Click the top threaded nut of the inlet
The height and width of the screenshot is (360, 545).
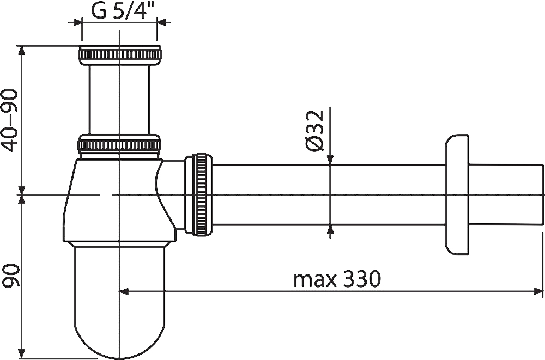click(119, 54)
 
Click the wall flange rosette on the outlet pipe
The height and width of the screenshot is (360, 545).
click(457, 194)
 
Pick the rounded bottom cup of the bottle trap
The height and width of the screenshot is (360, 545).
click(119, 305)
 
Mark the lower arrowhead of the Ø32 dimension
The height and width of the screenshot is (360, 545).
click(330, 230)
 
